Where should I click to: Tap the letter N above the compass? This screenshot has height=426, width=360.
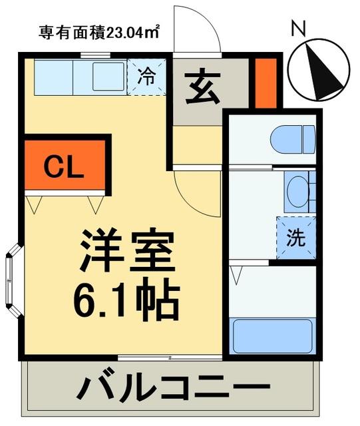[x=299, y=28]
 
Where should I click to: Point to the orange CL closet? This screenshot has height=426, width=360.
[x=65, y=166]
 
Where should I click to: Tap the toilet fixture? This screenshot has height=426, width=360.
[x=292, y=139]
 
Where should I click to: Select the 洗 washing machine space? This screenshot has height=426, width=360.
[x=295, y=238]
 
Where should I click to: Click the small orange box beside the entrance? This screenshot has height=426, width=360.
[x=266, y=83]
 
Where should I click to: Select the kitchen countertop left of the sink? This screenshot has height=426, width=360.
[x=56, y=77]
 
